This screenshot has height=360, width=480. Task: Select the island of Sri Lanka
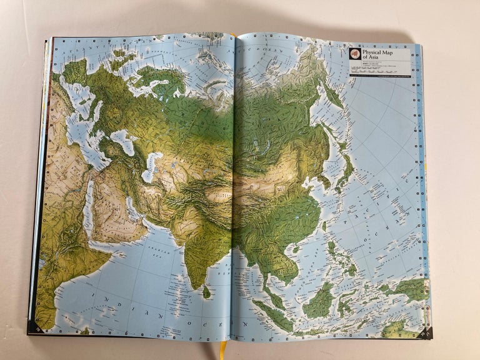tap(207, 291)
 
